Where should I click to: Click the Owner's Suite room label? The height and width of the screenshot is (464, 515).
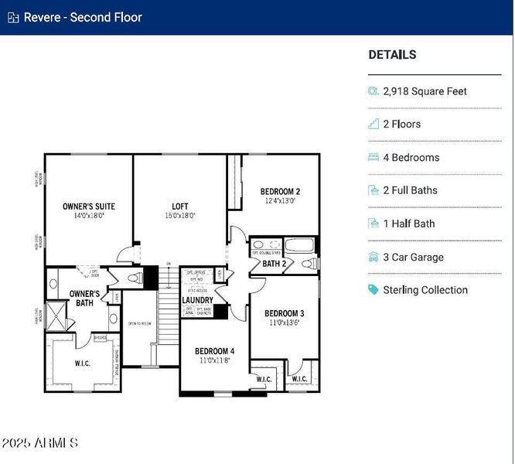pos(89,206)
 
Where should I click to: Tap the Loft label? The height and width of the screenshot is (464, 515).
pos(179,206)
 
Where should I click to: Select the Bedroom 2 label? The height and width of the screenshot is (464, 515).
pos(280,192)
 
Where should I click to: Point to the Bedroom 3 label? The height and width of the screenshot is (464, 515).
pos(284,313)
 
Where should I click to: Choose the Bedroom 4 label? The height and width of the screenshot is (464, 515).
pos(214,350)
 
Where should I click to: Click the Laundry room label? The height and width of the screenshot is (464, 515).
pos(197,300)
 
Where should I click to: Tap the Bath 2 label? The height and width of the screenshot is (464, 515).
pos(275,264)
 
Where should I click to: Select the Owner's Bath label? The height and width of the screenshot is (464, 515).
pos(84,299)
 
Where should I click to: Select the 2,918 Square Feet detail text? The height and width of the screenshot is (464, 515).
pos(425,91)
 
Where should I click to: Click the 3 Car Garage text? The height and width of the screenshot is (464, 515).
pos(413,258)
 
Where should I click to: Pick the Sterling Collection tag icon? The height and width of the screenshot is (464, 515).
pos(373,290)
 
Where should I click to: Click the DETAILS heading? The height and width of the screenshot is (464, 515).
pos(392,55)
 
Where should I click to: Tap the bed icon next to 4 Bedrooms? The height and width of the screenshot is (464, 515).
pos(373,158)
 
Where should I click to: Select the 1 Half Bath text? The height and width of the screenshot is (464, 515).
pos(408,224)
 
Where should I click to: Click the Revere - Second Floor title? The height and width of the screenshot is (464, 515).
pos(83,17)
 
